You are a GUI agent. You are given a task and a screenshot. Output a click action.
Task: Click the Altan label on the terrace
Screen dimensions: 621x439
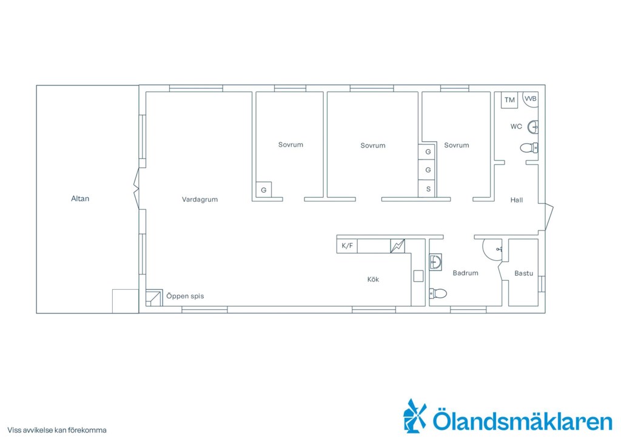pos(80,199)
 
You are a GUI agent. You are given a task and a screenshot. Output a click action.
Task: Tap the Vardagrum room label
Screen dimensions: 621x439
pos(200,199)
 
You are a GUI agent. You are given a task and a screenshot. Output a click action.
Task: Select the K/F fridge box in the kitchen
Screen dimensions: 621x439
pos(347,246)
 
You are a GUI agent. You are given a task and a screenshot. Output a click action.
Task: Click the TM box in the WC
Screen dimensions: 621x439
pos(509,100)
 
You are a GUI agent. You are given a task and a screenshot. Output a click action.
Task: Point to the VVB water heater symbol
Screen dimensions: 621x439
pos(530,99)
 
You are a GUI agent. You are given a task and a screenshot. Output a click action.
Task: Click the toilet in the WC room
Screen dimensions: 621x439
pos(529,148)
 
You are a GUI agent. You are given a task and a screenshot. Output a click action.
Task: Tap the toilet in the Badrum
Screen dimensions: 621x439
pos(438,293)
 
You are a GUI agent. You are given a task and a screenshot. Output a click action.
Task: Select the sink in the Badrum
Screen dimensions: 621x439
pos(435,262)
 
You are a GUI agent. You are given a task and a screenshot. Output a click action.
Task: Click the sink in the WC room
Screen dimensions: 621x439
pos(534,127)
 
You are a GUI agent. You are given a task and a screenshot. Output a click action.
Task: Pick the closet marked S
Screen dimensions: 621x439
pos(428,189)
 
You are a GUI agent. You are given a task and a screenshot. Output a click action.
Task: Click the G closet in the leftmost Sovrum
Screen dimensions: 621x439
pos(264,190)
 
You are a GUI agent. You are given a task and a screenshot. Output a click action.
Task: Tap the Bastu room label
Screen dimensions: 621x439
pos(523,273)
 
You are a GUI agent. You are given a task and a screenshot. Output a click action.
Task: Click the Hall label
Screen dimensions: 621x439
pos(517,200)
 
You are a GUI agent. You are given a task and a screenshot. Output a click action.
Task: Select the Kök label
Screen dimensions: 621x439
pos(373,279)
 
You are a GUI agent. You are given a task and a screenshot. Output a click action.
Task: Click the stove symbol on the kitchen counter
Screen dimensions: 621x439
pos(398,246)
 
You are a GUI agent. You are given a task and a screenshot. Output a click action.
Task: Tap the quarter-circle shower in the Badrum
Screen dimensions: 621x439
pos(492,249)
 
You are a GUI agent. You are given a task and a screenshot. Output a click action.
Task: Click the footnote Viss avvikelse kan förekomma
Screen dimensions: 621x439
pos(57,430)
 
